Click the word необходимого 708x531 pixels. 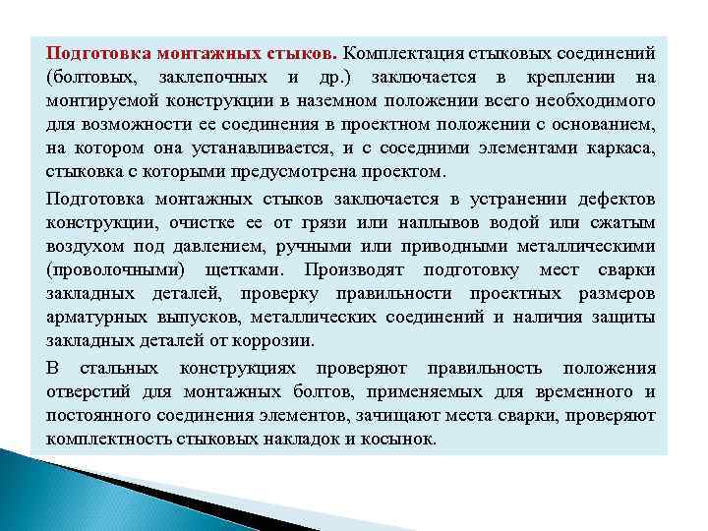(x=595, y=101)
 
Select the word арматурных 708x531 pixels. (x=93, y=317)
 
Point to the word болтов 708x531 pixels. (x=343, y=390)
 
